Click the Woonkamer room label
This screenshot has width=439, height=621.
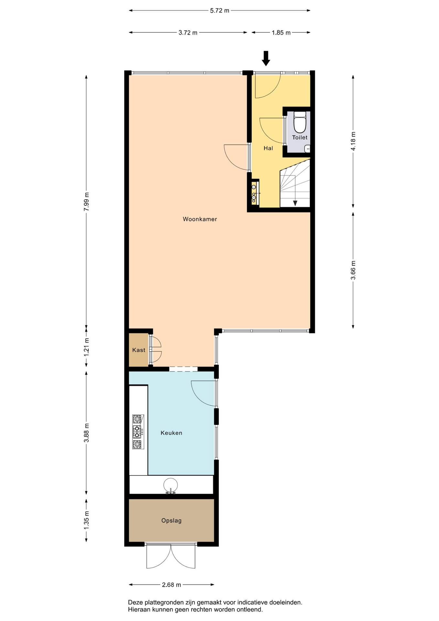click(x=200, y=219)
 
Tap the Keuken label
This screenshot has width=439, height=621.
click(x=171, y=433)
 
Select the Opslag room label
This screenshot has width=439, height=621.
click(x=171, y=521)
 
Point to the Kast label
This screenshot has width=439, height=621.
click(x=139, y=350)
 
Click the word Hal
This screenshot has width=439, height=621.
click(x=268, y=148)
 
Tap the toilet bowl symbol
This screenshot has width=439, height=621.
click(x=300, y=125)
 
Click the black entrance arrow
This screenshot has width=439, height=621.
click(x=266, y=58)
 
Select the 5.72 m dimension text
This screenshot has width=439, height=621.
click(x=219, y=10)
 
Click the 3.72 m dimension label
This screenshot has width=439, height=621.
click(x=188, y=32)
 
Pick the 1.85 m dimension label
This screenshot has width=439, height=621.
click(x=281, y=32)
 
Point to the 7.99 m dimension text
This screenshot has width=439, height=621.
click(x=86, y=202)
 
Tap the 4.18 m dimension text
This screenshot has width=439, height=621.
click(x=353, y=141)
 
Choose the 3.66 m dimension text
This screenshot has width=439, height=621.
click(x=353, y=270)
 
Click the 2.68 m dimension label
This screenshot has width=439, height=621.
click(x=171, y=585)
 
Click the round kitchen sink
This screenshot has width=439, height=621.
click(x=170, y=485)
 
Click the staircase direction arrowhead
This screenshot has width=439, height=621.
click(x=295, y=203)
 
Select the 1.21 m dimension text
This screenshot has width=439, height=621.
click(x=86, y=347)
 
